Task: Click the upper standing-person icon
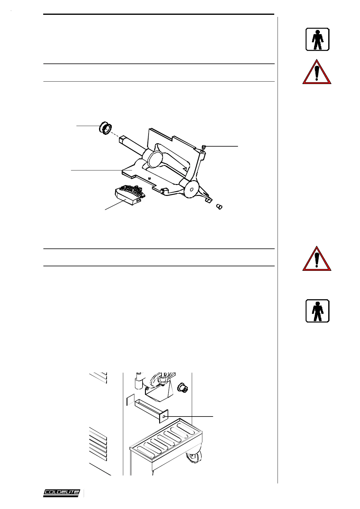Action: [317, 39]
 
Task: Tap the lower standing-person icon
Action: [317, 311]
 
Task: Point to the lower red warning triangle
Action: [317, 259]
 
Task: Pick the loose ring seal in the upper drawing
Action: [105, 129]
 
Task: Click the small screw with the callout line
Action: [204, 147]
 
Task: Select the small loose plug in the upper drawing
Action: [219, 207]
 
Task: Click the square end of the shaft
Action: [123, 139]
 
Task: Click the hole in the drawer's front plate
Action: [164, 417]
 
